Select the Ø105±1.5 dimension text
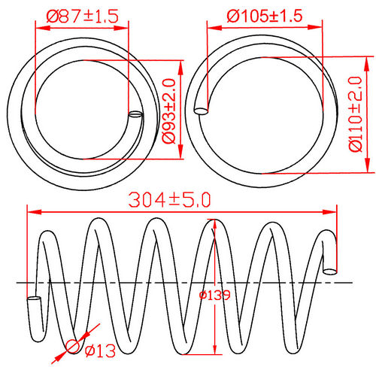[x=264, y=15]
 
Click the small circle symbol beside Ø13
[x=73, y=346]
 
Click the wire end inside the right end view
[x=202, y=111]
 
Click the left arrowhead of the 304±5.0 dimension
[x=30, y=211]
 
